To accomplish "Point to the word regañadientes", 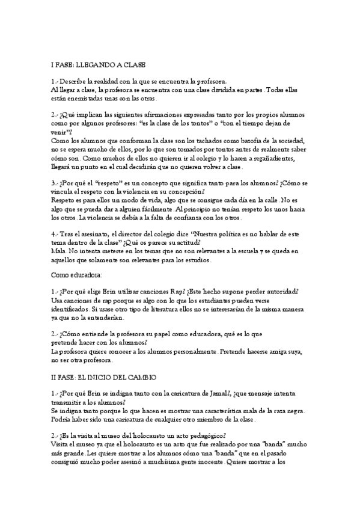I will pos(269,158).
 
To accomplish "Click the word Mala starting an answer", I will pos(58,251).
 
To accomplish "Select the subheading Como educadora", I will pos(77,274).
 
